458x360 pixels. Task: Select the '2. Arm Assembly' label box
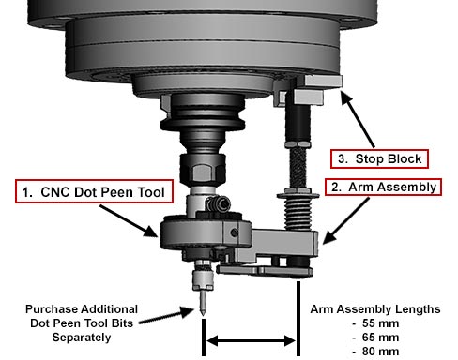382,187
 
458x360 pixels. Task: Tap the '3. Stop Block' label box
379,157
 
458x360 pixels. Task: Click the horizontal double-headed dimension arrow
252,338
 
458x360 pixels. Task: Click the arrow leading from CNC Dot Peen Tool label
131,218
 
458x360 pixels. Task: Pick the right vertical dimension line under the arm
298,319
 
